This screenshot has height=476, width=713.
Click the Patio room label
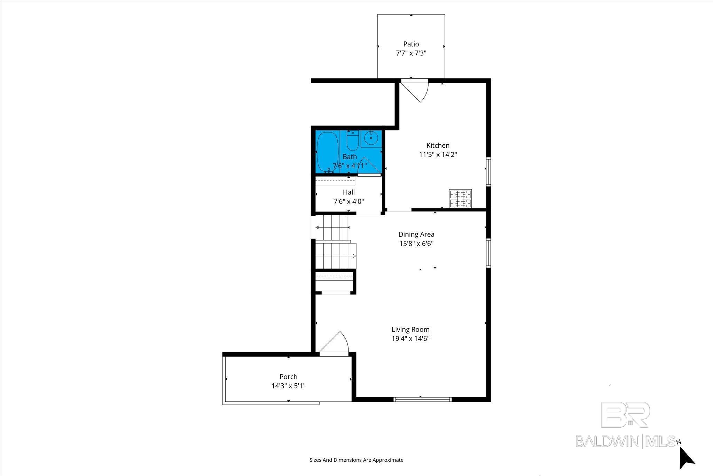click(411, 44)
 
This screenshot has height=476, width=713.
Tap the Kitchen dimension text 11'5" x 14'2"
click(438, 155)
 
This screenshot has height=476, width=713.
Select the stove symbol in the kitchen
click(461, 199)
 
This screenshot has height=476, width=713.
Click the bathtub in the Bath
click(326, 152)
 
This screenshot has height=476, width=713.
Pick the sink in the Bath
click(371, 139)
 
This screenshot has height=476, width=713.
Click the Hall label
click(348, 192)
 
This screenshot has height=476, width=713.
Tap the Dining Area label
click(416, 235)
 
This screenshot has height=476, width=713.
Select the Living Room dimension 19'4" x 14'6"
click(410, 339)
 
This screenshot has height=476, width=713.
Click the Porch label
click(288, 377)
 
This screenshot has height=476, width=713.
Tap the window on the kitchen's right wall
click(488, 171)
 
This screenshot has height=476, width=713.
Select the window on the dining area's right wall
click(488, 253)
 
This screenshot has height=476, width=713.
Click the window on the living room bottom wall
click(422, 399)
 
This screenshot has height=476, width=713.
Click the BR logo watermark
click(625, 415)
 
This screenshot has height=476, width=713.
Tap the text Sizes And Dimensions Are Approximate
click(356, 460)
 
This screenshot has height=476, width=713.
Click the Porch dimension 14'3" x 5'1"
click(288, 386)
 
